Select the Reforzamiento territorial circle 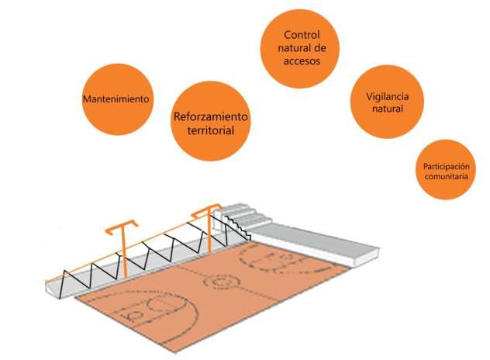pyautogui.click(x=212, y=123)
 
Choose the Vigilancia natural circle pyautogui.click(x=386, y=103)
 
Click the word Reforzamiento pyautogui.click(x=212, y=116)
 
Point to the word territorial pyautogui.click(x=211, y=130)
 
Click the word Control pyautogui.click(x=302, y=35)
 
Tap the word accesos pyautogui.click(x=302, y=59)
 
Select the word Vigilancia pyautogui.click(x=386, y=97)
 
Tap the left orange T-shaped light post pyautogui.click(x=122, y=248)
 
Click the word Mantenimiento pyautogui.click(x=116, y=99)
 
